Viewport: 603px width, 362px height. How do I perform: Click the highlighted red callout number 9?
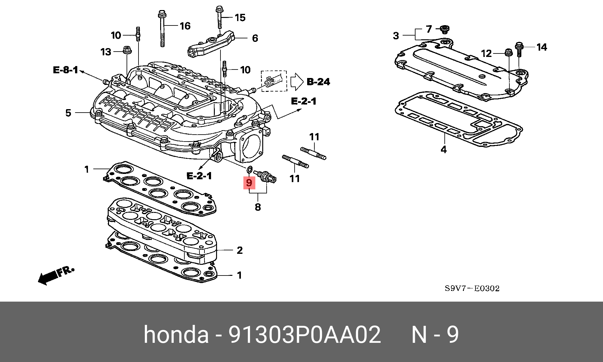click(x=249, y=182)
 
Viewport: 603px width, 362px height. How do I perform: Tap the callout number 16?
click(x=185, y=26)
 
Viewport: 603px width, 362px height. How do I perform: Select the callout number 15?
click(x=240, y=18)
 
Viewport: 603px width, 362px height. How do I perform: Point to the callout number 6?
click(x=255, y=38)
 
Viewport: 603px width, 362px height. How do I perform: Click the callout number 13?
click(x=106, y=52)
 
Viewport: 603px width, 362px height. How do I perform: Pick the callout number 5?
click(x=68, y=113)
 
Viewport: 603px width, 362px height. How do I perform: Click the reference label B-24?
click(x=318, y=82)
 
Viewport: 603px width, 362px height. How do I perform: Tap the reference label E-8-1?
click(x=65, y=70)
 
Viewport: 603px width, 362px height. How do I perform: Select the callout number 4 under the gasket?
click(x=443, y=149)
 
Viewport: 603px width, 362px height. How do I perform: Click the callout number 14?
click(x=542, y=47)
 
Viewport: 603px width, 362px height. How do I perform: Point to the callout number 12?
click(x=486, y=53)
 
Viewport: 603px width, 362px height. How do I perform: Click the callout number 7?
click(x=429, y=29)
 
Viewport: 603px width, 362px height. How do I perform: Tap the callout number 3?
click(x=396, y=36)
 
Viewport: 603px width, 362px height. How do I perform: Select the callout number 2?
click(x=240, y=250)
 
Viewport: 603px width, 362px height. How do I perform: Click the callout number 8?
click(x=258, y=207)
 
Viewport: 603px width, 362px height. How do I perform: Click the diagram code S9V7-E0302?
click(x=472, y=288)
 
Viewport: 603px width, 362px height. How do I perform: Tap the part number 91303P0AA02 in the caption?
click(x=304, y=334)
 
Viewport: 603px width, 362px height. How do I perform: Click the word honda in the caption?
click(x=176, y=334)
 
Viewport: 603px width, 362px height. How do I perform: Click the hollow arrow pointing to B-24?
click(x=296, y=82)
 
